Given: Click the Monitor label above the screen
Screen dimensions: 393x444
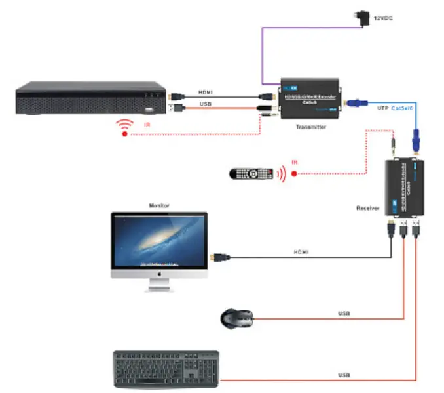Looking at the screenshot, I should click(x=158, y=205).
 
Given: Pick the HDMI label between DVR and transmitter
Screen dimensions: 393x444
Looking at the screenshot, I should click(x=206, y=93).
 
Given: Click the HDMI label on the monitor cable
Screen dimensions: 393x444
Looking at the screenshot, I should click(x=301, y=252).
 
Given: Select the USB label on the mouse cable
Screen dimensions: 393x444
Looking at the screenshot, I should click(x=343, y=314).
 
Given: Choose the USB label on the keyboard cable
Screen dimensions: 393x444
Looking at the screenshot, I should click(x=343, y=375).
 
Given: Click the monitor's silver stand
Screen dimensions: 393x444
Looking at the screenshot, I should click(x=159, y=285).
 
